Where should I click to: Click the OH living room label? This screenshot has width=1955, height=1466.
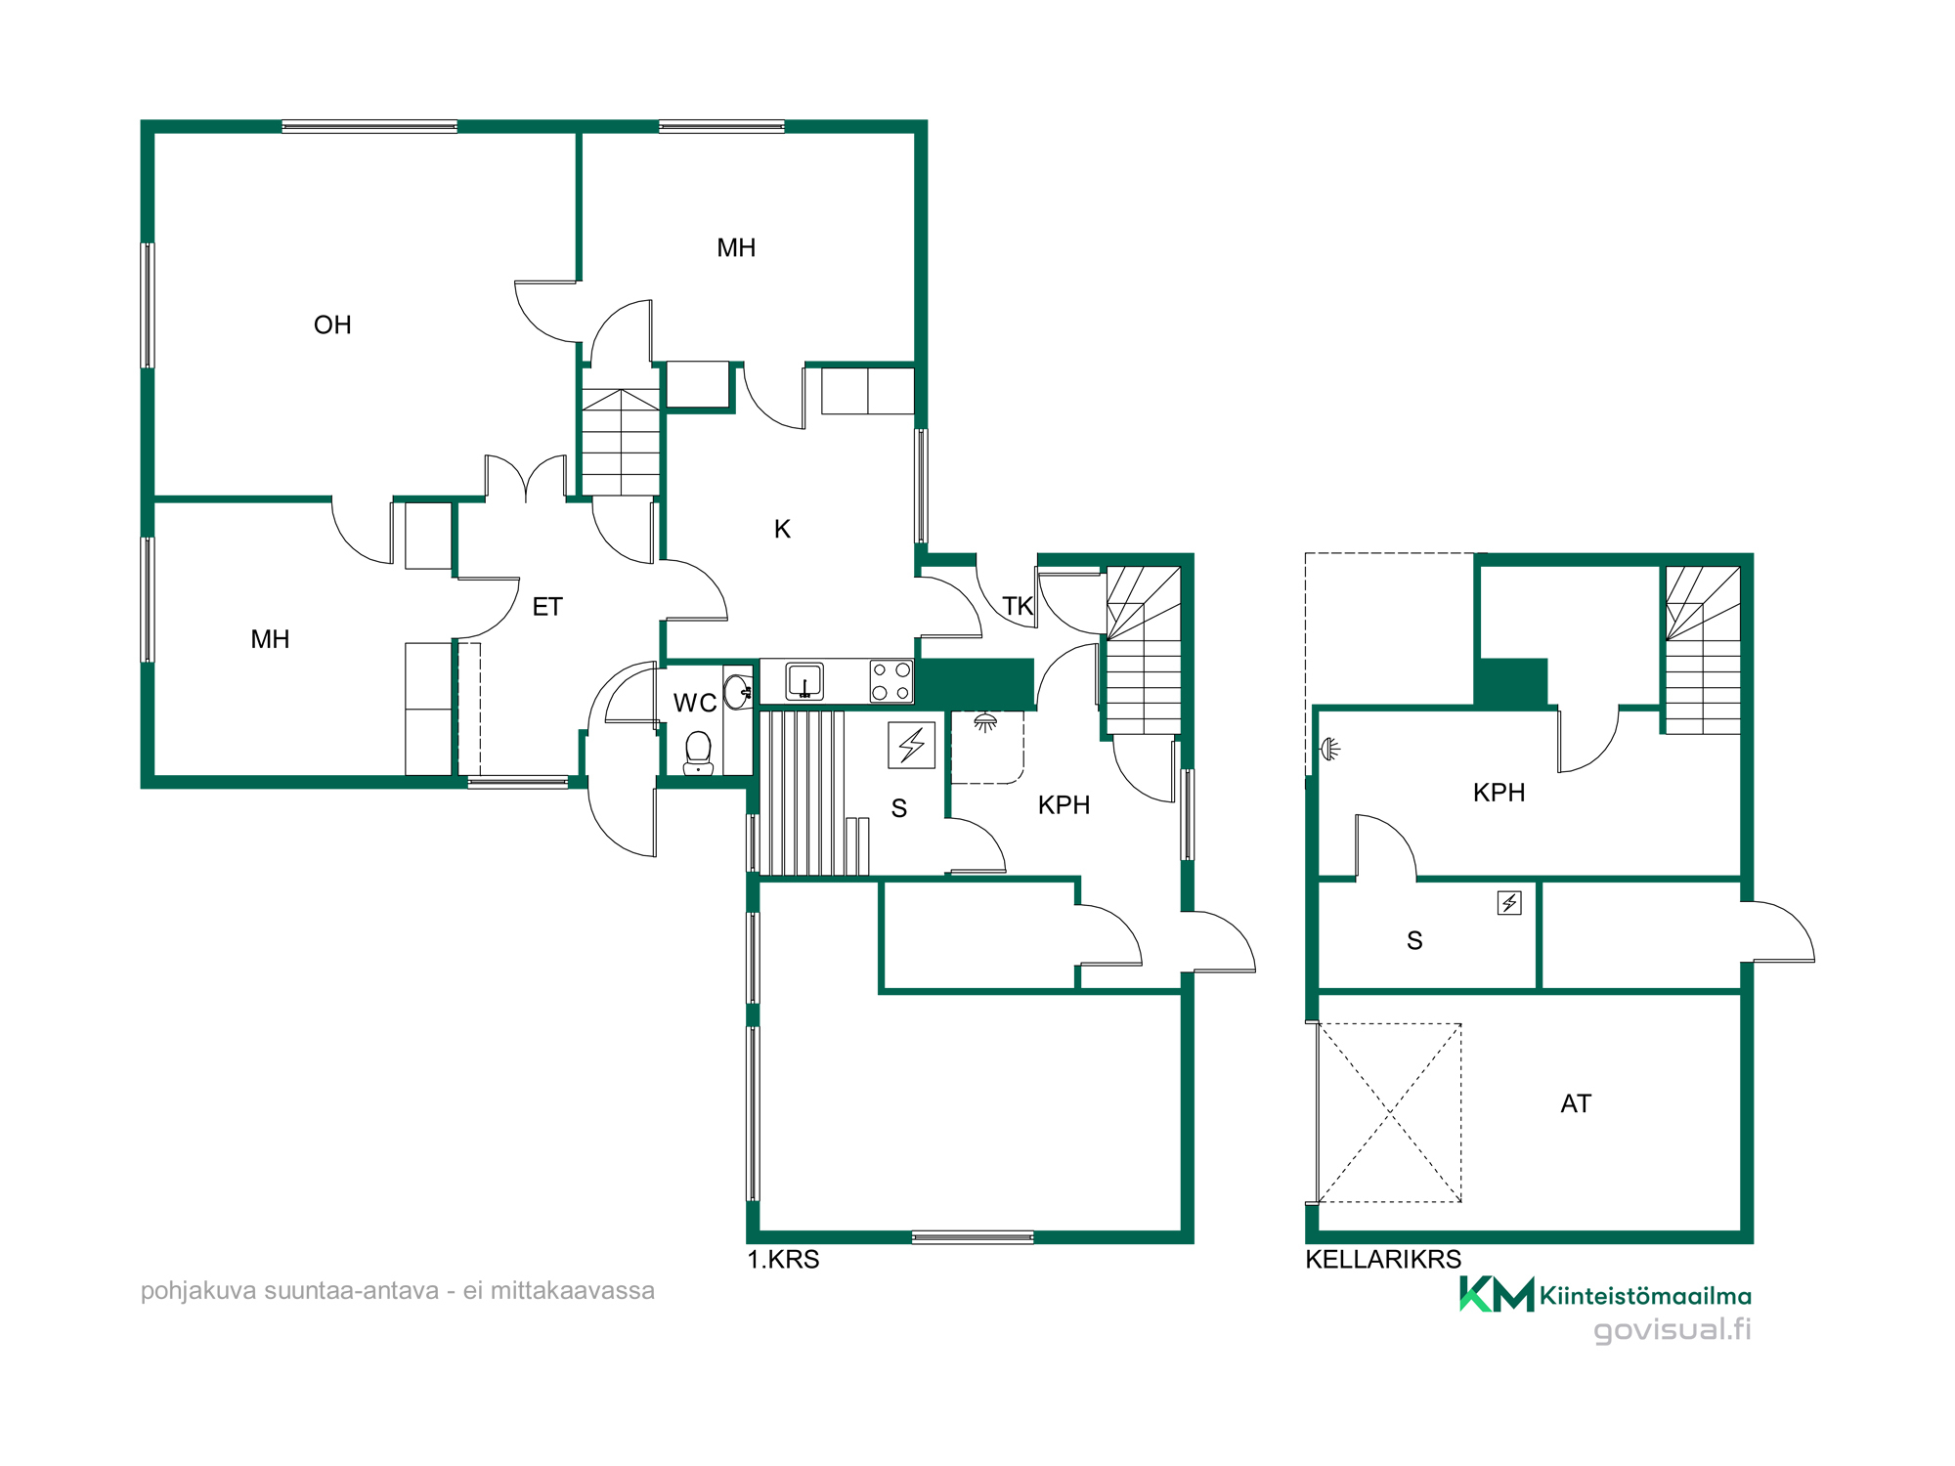tap(332, 324)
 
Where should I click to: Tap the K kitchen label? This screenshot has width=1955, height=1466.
tap(782, 529)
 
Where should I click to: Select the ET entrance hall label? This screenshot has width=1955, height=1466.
tap(547, 607)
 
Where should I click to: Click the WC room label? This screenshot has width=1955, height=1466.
tap(695, 703)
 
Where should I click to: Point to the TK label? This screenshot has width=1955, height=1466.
tap(1018, 606)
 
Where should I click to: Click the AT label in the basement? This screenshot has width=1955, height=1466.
tap(1576, 1103)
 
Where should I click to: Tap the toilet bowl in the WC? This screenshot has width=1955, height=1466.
tap(698, 753)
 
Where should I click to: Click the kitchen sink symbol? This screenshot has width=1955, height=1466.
tap(804, 681)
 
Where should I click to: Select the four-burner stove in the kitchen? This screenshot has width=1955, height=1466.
tap(891, 681)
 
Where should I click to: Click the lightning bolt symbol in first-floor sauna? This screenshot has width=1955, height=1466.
tap(912, 745)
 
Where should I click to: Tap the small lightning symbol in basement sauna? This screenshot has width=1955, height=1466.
tap(1509, 903)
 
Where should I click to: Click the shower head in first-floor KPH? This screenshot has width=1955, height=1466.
tap(985, 723)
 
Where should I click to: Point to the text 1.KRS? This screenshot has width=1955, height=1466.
tap(783, 1259)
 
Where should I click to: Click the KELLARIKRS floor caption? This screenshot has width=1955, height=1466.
tap(1383, 1259)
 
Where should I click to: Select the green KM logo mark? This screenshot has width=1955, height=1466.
tap(1497, 1294)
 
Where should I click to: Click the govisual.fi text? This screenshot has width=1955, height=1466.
tap(1673, 1330)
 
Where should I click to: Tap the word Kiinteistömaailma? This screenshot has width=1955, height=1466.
tap(1645, 1296)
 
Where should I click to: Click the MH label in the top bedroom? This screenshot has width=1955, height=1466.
tap(736, 247)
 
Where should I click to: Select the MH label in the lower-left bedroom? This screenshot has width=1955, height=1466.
tap(270, 639)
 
